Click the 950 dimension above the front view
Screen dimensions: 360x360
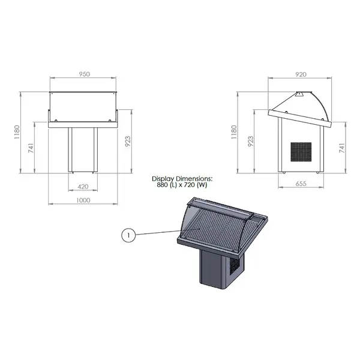[84, 74]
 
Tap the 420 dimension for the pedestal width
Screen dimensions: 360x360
[83, 186]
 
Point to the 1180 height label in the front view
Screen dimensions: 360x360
[17, 131]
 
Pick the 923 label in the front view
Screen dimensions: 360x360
[127, 142]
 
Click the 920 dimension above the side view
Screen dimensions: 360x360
[301, 74]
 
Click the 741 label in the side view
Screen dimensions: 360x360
[343, 148]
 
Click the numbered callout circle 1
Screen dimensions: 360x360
[127, 236]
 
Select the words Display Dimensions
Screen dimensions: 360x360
[182, 179]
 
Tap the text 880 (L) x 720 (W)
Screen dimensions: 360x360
[182, 185]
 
